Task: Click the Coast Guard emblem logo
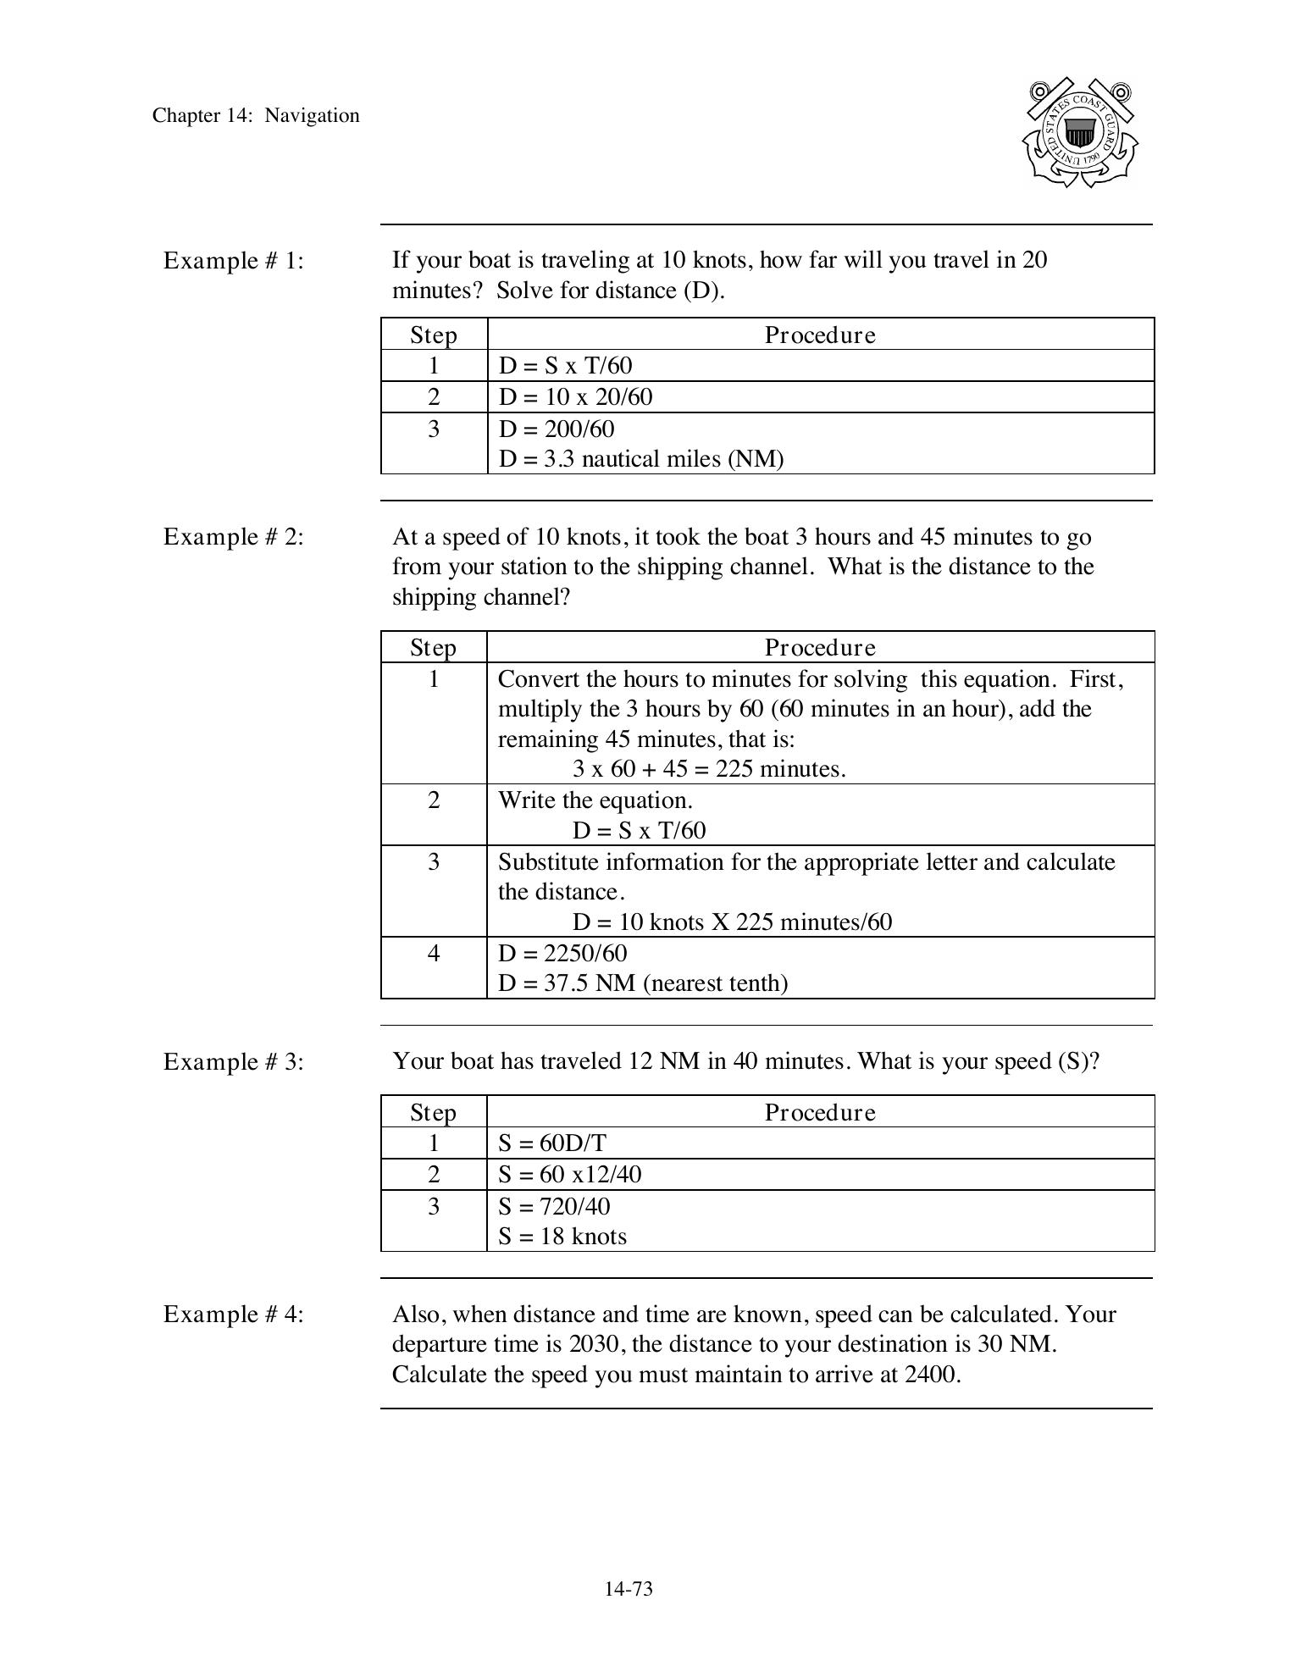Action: [1079, 133]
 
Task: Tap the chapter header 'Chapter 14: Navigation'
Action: [256, 116]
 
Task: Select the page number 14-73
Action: [629, 1589]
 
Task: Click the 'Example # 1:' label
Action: [234, 261]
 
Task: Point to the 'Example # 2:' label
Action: [234, 537]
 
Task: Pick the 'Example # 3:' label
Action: [234, 1062]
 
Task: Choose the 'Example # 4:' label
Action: [234, 1314]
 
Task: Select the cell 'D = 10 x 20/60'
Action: [575, 397]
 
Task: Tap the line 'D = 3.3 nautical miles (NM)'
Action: [641, 459]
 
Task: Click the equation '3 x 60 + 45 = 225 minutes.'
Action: [709, 769]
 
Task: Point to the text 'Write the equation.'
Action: [595, 800]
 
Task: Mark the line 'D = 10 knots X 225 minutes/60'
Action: [732, 922]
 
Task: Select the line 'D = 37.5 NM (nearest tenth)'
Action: [643, 983]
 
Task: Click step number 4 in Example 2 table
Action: [434, 954]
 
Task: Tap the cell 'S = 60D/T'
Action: [552, 1143]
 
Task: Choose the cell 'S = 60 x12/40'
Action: [569, 1175]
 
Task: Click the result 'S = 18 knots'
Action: [562, 1237]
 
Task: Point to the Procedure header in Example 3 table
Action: [820, 1112]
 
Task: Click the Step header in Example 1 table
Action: [434, 335]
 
